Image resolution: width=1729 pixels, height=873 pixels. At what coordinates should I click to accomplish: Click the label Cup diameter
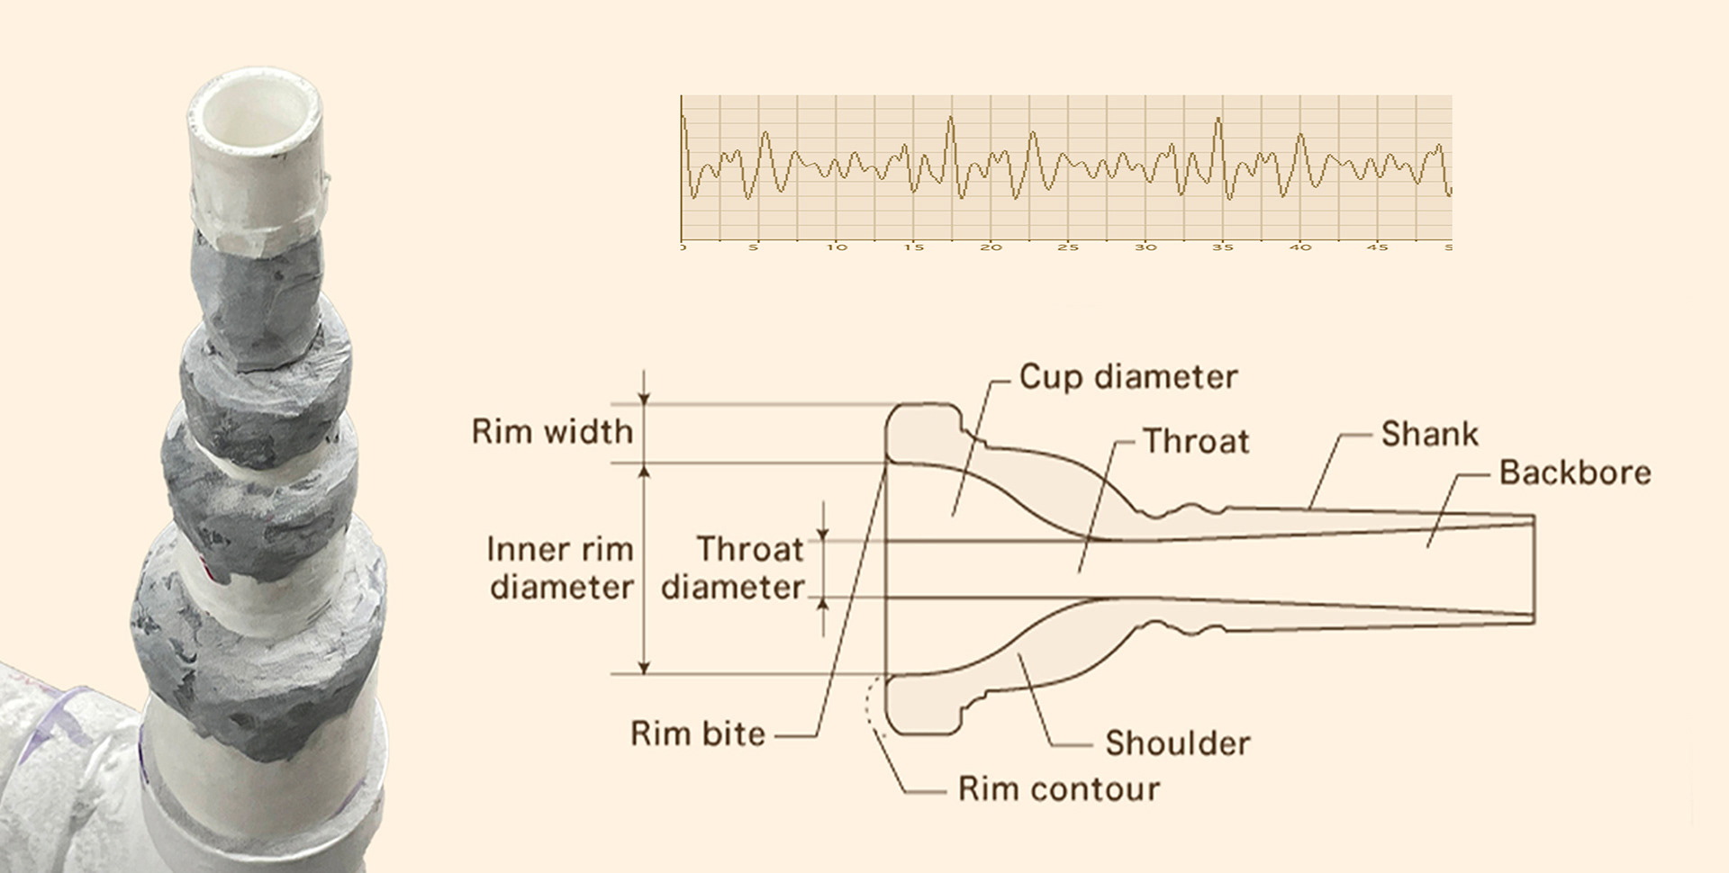(1127, 377)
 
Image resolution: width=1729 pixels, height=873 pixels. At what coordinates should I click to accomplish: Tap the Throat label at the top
(1196, 441)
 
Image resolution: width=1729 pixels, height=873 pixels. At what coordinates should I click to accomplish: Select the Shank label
(1429, 434)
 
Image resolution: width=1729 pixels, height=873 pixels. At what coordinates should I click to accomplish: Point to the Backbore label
(1574, 472)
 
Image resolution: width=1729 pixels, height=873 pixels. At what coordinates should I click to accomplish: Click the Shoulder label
(1177, 743)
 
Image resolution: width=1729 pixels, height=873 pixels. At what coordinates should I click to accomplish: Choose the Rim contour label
(1058, 789)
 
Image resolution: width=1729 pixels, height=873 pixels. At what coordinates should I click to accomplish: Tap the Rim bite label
(698, 733)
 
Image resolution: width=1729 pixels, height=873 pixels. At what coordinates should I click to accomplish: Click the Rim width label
(552, 432)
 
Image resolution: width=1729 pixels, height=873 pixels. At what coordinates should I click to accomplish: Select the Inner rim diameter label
(560, 568)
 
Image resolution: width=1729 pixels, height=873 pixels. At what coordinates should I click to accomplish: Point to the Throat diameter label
(733, 568)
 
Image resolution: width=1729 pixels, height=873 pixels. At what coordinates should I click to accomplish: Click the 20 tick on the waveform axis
(991, 247)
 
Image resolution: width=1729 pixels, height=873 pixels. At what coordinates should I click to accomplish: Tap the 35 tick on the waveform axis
(1222, 247)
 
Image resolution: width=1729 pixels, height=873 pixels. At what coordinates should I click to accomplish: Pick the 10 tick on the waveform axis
(837, 247)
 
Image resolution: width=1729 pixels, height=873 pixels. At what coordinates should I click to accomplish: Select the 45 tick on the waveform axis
(1377, 247)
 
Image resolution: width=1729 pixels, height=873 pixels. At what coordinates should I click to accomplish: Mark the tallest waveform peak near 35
(1218, 119)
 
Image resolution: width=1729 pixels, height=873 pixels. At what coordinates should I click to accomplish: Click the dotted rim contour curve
(871, 706)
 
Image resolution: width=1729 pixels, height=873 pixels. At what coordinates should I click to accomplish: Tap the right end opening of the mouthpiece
(1533, 568)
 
